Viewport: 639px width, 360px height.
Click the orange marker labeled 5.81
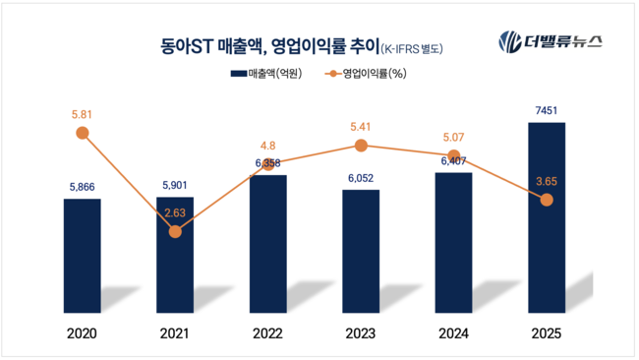83,133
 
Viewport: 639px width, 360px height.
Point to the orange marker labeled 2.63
175,232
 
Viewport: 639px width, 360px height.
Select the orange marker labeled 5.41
361,146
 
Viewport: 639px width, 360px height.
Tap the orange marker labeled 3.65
547,200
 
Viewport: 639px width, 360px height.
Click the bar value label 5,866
83,187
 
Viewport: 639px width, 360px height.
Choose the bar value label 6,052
361,178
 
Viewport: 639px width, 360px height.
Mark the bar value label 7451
547,110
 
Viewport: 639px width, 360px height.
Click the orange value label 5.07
453,139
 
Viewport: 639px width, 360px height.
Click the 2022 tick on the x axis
267,334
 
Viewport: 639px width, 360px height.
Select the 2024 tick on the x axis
453,334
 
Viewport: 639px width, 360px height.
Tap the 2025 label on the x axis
547,334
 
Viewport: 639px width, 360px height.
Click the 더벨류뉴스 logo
551,42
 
